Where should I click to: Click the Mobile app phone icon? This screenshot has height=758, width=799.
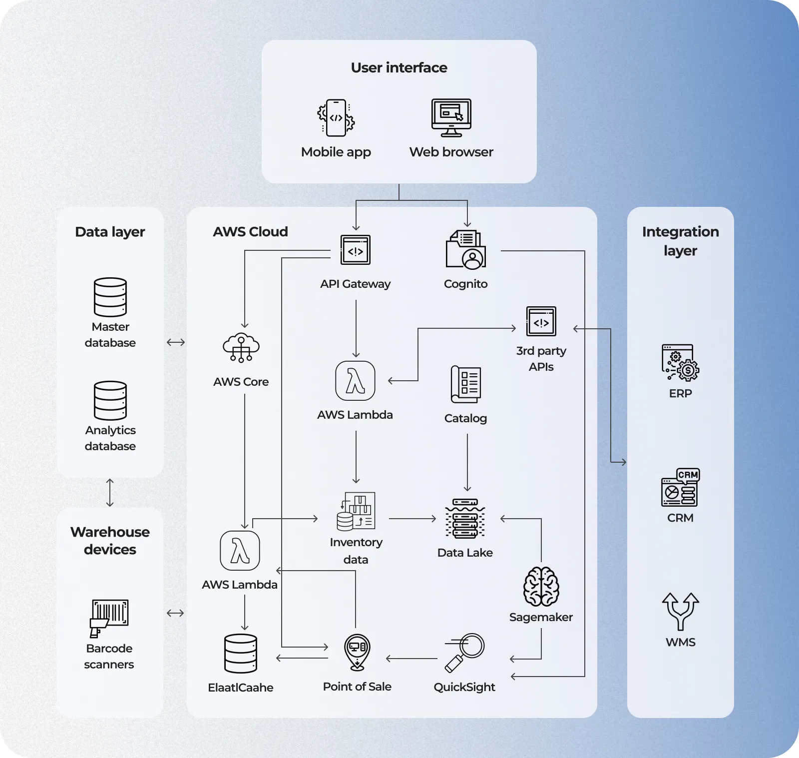336,118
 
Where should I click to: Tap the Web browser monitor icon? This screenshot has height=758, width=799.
451,118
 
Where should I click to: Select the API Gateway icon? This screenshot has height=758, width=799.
355,250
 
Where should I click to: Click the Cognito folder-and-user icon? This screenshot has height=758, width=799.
466,250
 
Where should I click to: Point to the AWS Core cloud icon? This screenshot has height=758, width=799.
241,347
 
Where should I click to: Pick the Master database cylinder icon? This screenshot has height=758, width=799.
110,297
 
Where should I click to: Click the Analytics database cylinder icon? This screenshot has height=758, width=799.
110,401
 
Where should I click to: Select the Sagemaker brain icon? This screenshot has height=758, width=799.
541,587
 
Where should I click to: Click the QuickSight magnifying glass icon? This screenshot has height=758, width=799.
465,653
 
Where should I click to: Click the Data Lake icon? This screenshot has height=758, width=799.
465,519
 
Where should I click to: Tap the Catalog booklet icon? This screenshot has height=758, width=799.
465,384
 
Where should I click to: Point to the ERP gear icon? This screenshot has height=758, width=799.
680,363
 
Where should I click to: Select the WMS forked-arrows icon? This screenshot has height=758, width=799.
680,611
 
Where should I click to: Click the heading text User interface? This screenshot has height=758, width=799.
399,67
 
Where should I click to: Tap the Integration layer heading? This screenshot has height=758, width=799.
680,241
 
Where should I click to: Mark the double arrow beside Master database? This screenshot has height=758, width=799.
176,342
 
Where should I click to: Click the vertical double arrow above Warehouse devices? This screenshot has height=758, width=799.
110,493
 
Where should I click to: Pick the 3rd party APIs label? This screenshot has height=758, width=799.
541,359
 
